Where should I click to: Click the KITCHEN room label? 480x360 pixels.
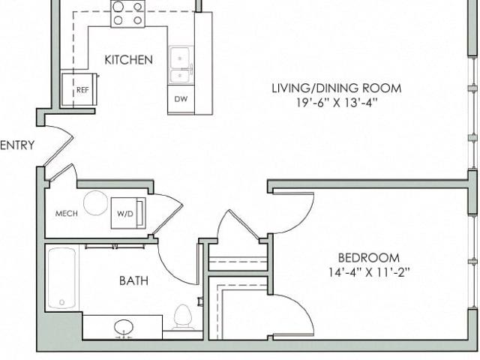[128, 60]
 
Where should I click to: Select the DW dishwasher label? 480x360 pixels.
[181, 99]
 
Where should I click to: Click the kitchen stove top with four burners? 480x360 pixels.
[127, 13]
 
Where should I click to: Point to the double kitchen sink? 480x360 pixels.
[181, 65]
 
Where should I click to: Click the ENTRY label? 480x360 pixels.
[17, 145]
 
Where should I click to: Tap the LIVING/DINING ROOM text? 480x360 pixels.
[337, 88]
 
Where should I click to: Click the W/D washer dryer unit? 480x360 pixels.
[128, 213]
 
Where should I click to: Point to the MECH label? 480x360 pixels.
[67, 213]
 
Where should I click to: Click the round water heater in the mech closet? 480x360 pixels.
[95, 203]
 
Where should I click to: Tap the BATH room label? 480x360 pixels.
[133, 280]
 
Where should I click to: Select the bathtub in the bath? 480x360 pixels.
[61, 278]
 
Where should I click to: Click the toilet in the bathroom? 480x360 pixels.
[183, 316]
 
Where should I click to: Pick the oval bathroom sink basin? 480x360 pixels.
[124, 327]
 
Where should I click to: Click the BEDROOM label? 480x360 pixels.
[369, 258]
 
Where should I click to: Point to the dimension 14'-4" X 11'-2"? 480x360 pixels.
[369, 272]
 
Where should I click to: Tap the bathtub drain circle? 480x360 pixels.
[61, 302]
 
